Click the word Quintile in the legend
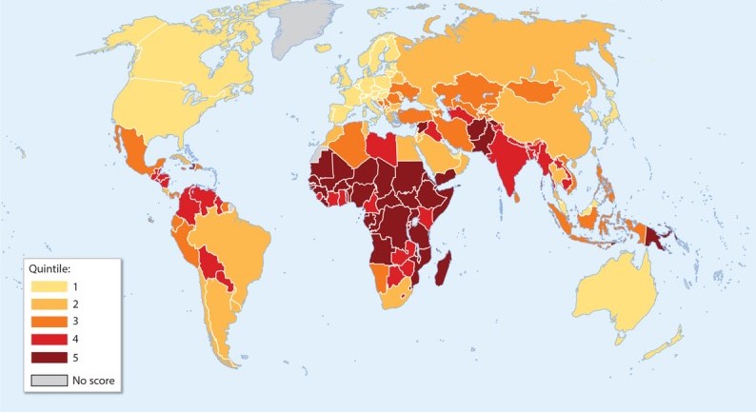(53, 267)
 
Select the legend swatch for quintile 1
(49, 286)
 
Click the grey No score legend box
(49, 382)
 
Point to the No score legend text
(95, 382)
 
